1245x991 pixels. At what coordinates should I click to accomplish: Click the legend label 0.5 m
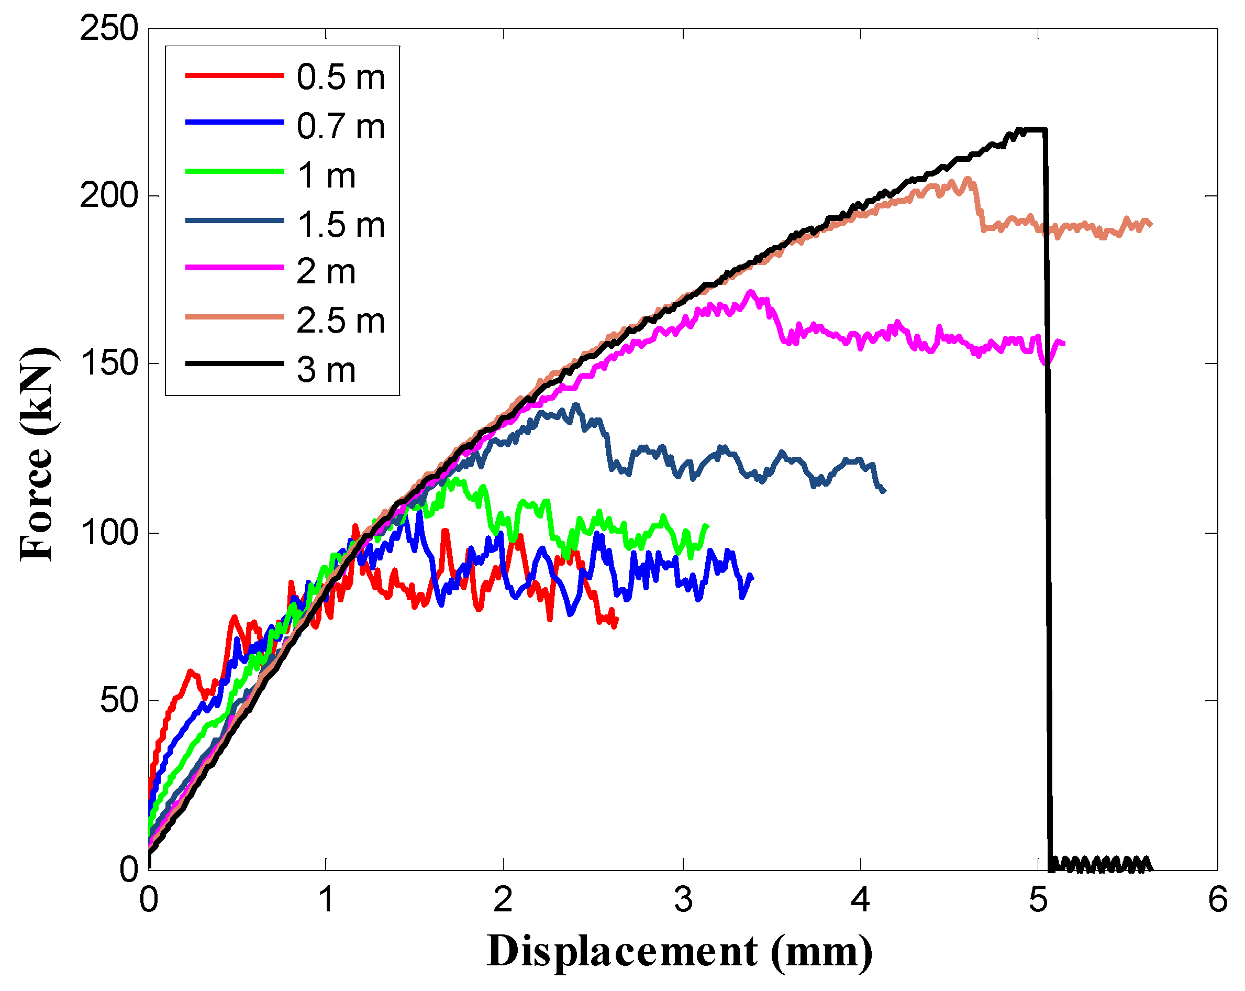coord(340,77)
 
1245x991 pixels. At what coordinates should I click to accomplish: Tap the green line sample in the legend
coord(235,172)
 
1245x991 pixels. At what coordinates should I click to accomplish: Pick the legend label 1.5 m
coord(340,224)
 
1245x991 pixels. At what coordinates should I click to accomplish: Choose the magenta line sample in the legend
coord(235,268)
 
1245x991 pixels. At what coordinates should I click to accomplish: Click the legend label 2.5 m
coord(340,321)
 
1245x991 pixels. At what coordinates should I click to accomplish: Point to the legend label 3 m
coord(326,370)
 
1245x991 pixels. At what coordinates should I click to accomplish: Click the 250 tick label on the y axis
coord(109,28)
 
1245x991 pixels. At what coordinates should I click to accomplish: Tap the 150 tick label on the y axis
coord(109,363)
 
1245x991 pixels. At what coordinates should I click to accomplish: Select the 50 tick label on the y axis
coord(119,700)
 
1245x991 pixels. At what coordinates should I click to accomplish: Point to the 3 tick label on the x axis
coord(683,900)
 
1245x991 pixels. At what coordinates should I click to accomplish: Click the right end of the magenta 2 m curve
coord(1064,344)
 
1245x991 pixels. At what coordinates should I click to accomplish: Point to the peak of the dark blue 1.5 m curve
coord(575,405)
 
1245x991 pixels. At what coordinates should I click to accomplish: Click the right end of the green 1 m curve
coord(707,526)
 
